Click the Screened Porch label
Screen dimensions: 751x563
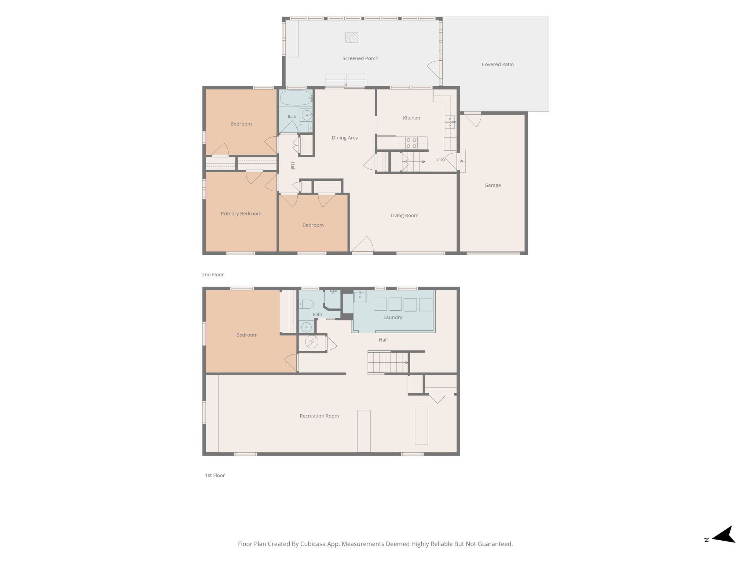tap(360, 58)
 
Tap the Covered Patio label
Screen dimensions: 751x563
tap(498, 64)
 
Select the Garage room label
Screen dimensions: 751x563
tap(492, 185)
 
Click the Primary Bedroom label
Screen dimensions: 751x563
tap(241, 214)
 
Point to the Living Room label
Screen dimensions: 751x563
tap(404, 216)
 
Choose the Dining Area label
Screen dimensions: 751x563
tap(345, 138)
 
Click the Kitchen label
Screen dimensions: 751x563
tap(411, 118)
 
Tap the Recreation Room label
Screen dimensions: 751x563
tap(319, 416)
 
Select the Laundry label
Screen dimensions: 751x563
tap(393, 317)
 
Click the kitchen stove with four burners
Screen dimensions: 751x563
tap(411, 143)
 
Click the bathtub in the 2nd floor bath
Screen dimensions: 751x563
tap(296, 98)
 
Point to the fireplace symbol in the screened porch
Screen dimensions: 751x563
tap(352, 38)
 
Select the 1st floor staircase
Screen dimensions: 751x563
tap(388, 363)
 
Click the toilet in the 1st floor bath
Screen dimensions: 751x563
tap(306, 304)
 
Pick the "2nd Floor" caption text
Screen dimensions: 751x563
tap(213, 275)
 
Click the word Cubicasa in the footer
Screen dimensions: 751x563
tap(314, 544)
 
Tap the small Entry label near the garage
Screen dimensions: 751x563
tap(441, 159)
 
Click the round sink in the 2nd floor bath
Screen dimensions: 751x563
tap(307, 115)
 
